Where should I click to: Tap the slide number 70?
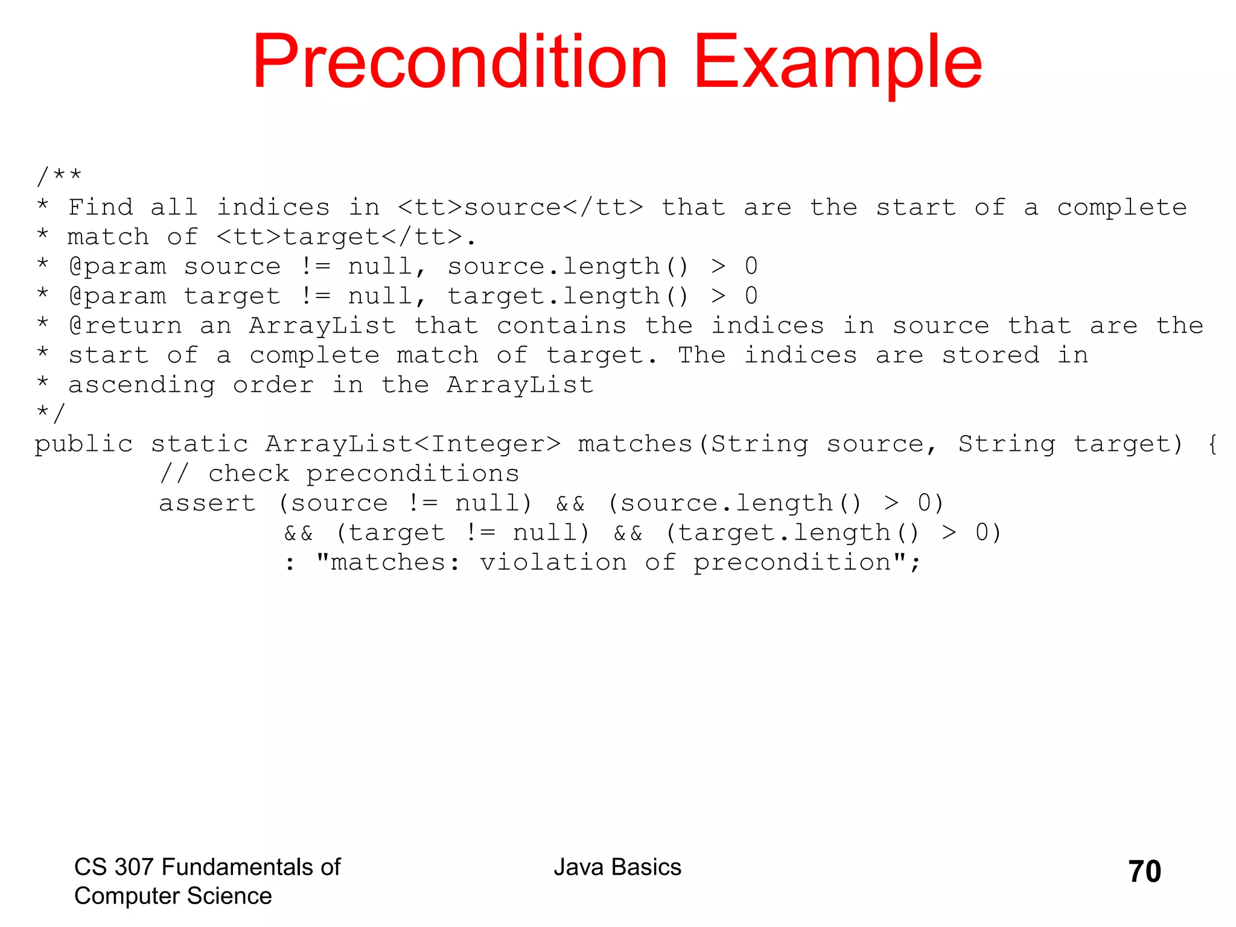click(1144, 871)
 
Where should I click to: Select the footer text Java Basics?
click(617, 867)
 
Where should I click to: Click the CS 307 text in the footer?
click(115, 867)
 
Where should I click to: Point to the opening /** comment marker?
click(59, 176)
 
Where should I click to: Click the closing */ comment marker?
click(50, 413)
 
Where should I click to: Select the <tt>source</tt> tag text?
click(520, 208)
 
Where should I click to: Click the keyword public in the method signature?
click(83, 445)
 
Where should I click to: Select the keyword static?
click(199, 445)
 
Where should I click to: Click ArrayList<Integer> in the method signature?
click(413, 445)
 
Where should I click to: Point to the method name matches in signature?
click(635, 445)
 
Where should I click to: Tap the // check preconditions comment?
click(339, 474)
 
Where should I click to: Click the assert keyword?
click(207, 504)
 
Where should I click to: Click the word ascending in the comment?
click(142, 386)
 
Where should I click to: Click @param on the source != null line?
click(118, 267)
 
